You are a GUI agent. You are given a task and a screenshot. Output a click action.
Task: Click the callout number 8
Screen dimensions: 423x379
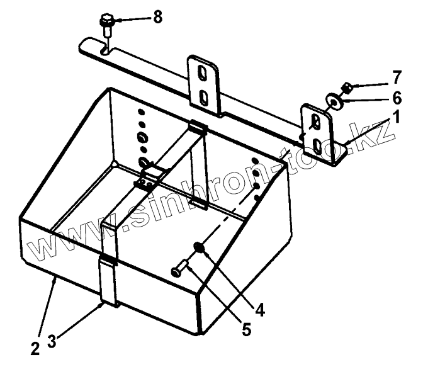click(157, 17)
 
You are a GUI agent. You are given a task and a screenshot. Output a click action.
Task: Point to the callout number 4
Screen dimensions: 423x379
click(260, 310)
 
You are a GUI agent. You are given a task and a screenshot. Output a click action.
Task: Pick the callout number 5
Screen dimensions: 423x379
click(246, 329)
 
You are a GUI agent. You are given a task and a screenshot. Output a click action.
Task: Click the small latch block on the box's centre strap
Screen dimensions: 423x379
click(147, 183)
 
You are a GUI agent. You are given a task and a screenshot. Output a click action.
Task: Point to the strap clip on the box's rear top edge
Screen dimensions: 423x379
click(198, 128)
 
